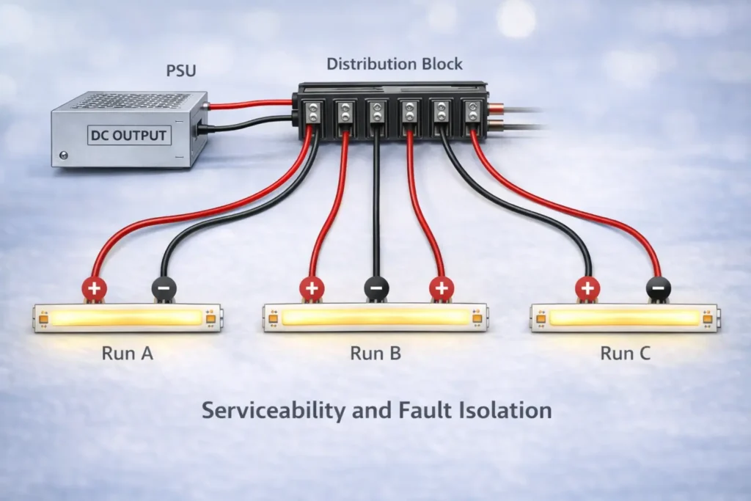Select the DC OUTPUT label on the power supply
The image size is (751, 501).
pos(129,135)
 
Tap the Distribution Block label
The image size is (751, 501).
pos(395,64)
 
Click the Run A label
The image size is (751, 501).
pos(127,353)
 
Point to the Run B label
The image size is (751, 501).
pos(375,353)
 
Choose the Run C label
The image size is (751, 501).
pos(625,353)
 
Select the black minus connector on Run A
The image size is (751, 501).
pos(162,289)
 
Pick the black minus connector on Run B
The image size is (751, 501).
pos(375,289)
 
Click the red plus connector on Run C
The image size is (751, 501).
pos(586,289)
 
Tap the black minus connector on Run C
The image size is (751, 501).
pos(658,289)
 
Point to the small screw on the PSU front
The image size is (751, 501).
pos(65,155)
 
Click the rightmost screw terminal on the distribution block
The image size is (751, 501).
pos(472,112)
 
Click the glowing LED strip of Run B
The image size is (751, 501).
pos(375,317)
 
